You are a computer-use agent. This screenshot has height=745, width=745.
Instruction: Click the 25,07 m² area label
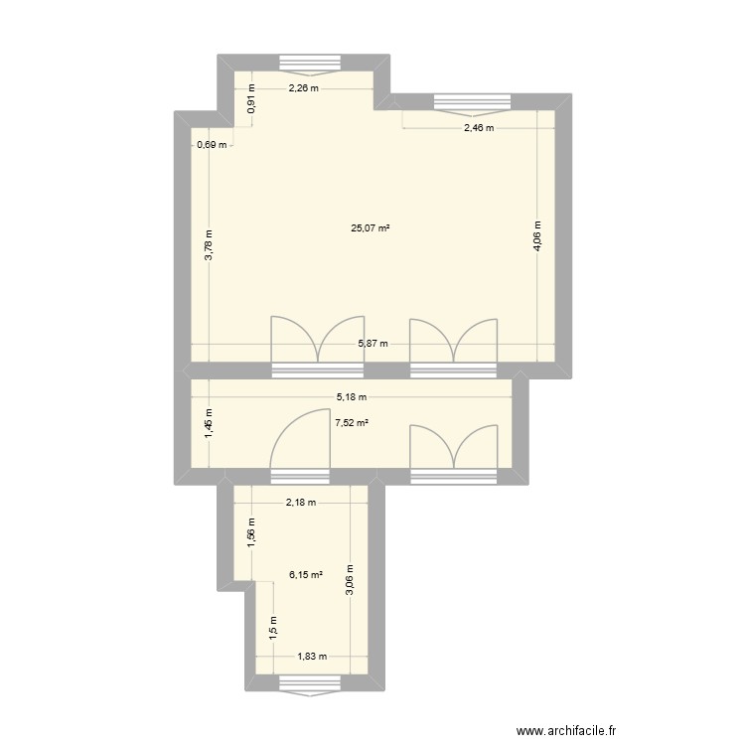[370, 228]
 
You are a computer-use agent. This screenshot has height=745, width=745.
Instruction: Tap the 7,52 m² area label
[352, 422]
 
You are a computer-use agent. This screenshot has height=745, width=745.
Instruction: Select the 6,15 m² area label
[306, 574]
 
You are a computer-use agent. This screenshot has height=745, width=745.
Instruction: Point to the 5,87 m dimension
[372, 345]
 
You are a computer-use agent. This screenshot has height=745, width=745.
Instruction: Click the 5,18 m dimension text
[350, 397]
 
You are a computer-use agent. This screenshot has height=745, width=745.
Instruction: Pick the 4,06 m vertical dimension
[537, 237]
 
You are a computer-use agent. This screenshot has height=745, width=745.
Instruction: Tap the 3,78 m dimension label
[209, 244]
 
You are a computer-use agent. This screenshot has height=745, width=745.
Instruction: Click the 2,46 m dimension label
[479, 128]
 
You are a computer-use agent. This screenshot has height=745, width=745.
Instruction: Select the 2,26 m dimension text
[303, 88]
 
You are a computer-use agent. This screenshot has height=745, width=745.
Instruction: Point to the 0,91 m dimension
[251, 101]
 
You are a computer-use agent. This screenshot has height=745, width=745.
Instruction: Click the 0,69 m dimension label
[212, 145]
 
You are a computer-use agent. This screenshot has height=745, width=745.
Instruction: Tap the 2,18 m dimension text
[300, 502]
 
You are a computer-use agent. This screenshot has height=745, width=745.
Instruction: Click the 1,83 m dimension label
[311, 656]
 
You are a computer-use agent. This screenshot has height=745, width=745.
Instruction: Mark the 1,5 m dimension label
[273, 626]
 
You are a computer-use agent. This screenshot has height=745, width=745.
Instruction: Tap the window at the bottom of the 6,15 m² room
[309, 681]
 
